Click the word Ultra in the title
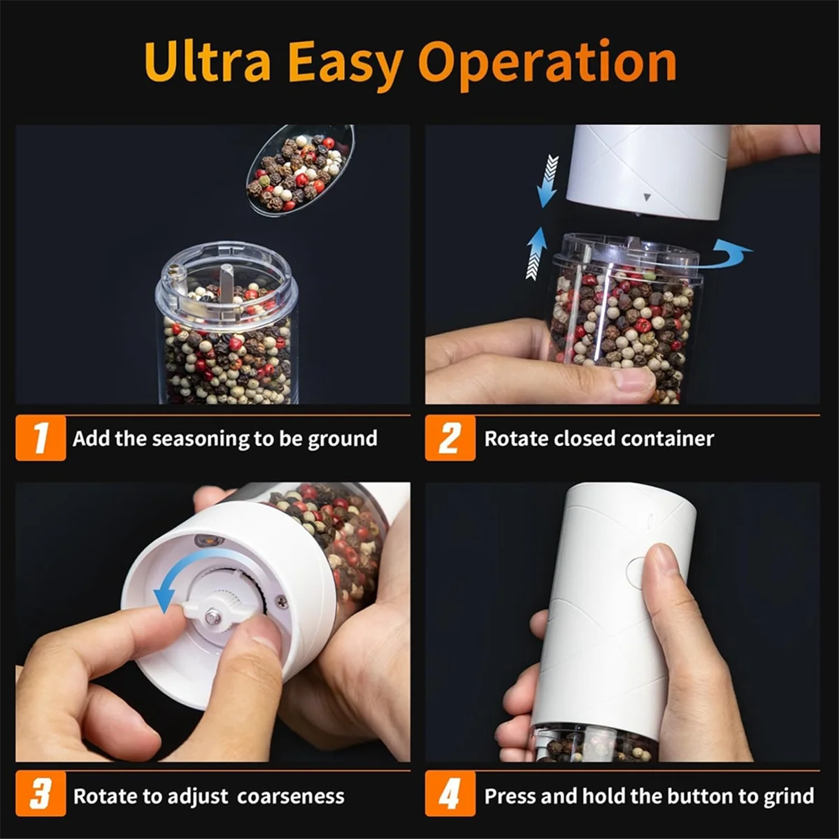pyautogui.click(x=207, y=63)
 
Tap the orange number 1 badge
pyautogui.click(x=41, y=438)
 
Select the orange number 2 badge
pyautogui.click(x=450, y=438)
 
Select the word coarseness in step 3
pyautogui.click(x=290, y=796)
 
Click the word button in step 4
pyautogui.click(x=700, y=796)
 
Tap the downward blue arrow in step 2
pyautogui.click(x=548, y=180)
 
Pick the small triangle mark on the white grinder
pyautogui.click(x=647, y=197)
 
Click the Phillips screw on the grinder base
pyautogui.click(x=282, y=601)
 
